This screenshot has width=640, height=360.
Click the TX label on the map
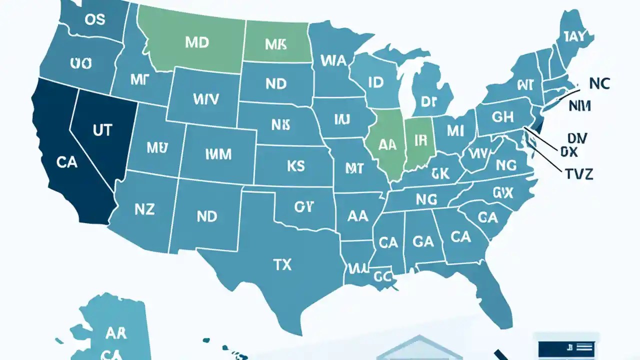[x=282, y=264]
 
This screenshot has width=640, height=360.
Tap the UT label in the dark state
[x=102, y=130]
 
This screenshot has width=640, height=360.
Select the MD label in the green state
[x=196, y=42]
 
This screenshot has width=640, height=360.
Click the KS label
[x=296, y=166]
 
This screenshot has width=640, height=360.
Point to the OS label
[x=95, y=19]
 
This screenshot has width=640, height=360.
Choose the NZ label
[x=144, y=209]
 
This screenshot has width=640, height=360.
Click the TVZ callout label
[x=578, y=173]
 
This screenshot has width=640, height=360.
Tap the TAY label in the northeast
[x=578, y=36]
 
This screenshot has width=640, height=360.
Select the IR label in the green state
[x=420, y=141]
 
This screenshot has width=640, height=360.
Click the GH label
[x=502, y=117]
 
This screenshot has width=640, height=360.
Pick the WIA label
[x=333, y=61]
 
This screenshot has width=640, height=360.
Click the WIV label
[x=205, y=99]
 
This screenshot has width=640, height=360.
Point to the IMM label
[x=218, y=154]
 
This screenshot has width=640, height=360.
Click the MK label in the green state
[x=275, y=44]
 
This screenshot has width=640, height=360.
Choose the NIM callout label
[x=580, y=106]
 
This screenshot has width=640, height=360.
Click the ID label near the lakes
[x=375, y=83]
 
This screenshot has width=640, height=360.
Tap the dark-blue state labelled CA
[x=66, y=162]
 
